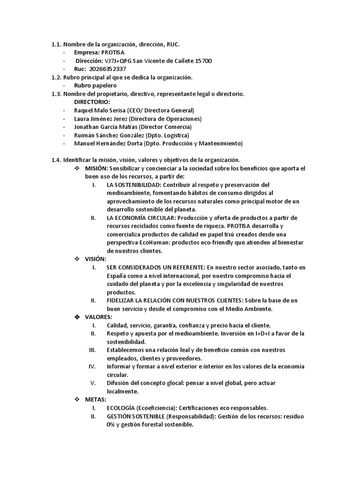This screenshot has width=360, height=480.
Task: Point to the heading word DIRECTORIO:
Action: pos(92,102)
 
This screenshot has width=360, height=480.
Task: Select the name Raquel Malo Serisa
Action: pos(100,110)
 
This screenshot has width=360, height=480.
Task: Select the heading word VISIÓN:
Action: pos(96,259)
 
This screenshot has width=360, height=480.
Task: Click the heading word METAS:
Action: pos(96,399)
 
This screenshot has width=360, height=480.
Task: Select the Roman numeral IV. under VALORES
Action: pos(92,367)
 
